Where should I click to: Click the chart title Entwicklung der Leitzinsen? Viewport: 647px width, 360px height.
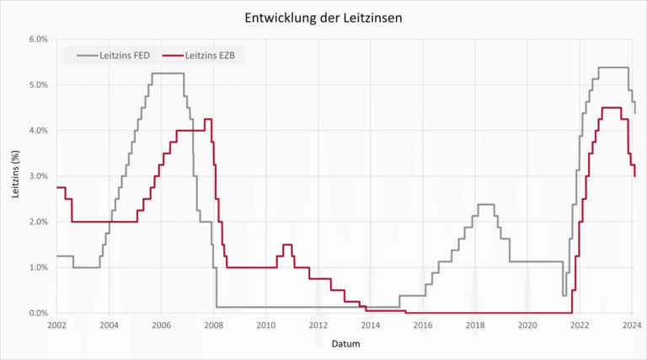pos(324,17)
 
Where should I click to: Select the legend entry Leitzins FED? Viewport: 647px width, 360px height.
pos(115,56)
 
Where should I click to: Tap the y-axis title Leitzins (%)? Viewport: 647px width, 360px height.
pos(16,175)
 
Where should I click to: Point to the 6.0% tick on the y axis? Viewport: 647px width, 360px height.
pos(37,40)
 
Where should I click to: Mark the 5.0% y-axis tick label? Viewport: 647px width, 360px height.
pos(37,85)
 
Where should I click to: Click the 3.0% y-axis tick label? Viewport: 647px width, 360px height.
pos(37,176)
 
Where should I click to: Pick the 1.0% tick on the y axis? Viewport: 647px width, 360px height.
pos(37,267)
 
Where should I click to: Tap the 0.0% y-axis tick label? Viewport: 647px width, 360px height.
pos(37,313)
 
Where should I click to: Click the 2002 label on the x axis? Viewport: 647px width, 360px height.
pos(56,325)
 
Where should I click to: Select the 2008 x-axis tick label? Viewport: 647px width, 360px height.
pos(214,325)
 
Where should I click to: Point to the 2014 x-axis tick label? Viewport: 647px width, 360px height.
pos(371,325)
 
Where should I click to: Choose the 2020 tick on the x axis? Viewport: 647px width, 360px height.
pos(527,325)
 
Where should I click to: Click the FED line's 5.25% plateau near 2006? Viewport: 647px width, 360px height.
pos(168,73)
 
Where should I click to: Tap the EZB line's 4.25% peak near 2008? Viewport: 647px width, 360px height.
pos(208,119)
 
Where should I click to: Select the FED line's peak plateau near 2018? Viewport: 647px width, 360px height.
pos(485,204)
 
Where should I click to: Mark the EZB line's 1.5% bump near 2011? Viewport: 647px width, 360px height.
pos(287,244)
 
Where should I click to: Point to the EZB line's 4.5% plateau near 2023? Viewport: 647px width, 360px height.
pos(612,108)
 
